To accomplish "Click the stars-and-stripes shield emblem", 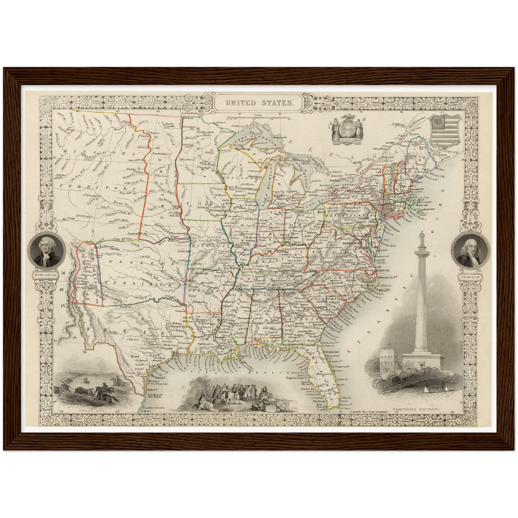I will (x=444, y=129).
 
